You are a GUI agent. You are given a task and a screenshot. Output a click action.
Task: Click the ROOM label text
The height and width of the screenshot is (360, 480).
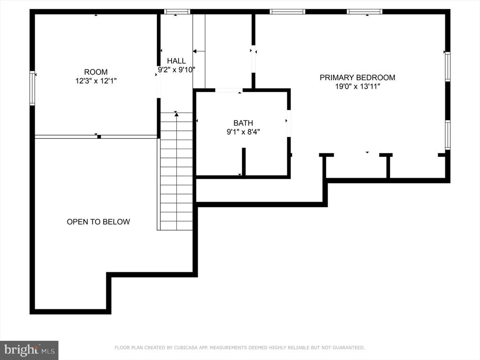96,72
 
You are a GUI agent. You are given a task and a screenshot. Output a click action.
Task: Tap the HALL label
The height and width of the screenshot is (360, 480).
176,60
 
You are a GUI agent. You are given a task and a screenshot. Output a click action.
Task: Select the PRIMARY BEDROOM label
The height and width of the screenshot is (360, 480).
357,77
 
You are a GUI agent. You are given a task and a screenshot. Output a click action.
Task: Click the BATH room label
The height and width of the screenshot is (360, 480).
243,123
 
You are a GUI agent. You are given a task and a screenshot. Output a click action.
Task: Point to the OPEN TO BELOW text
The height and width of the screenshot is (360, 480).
98,222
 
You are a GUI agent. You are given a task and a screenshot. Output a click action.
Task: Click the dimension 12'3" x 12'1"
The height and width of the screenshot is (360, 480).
96,81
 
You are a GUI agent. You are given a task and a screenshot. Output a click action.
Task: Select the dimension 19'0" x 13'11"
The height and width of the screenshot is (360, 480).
357,87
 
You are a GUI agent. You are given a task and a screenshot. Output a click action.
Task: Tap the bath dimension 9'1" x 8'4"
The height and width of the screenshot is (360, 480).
243,132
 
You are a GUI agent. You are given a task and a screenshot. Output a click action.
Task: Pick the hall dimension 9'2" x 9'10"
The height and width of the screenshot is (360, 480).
176,70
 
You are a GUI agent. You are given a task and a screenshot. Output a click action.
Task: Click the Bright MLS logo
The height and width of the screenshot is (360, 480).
29,350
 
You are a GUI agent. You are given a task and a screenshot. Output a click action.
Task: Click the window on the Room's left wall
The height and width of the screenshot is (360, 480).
32,88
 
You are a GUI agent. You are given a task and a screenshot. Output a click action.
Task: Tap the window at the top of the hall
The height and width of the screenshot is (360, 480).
177,12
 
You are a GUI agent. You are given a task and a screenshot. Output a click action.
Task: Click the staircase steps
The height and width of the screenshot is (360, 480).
176,172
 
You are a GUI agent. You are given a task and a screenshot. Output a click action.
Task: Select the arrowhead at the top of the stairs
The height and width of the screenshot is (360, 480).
176,114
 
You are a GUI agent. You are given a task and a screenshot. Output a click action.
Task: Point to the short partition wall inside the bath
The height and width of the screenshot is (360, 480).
244,162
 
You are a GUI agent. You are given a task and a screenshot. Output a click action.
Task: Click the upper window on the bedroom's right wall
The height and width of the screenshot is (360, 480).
448,67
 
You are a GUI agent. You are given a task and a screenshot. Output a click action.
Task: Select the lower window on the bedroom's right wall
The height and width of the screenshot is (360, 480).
448,135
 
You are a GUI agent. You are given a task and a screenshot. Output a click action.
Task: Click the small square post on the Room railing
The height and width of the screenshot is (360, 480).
99,137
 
